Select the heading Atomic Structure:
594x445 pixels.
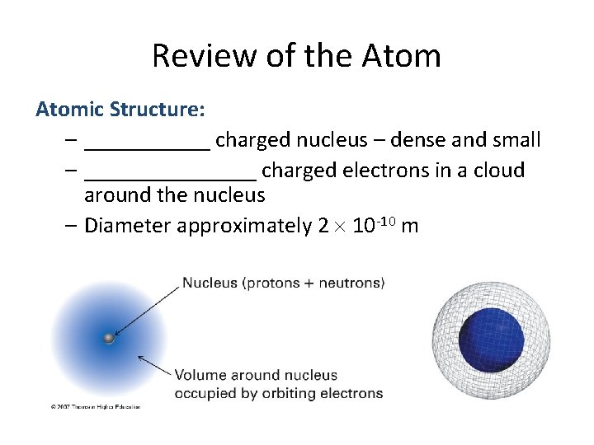120,109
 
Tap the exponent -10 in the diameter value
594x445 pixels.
387,219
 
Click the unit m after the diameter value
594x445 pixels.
410,227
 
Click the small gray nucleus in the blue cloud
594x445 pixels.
107,338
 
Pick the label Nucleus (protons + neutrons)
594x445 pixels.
283,283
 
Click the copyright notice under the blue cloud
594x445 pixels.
96,406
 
